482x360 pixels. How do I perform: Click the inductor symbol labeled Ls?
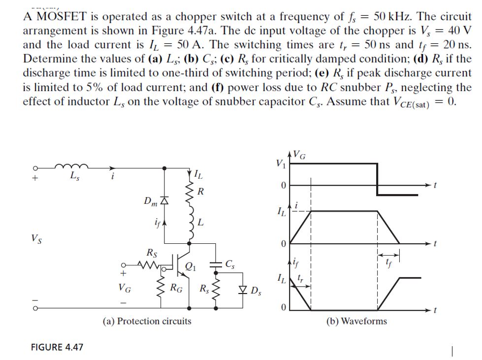(x=71, y=167)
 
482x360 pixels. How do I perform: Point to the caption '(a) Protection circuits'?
(x=147, y=321)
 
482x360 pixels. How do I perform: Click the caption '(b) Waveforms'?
(x=356, y=321)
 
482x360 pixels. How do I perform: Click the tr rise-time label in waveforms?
(x=304, y=279)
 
